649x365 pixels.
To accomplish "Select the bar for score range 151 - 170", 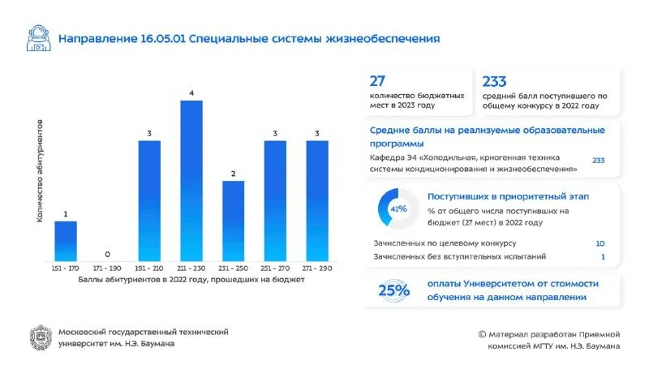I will [66, 241].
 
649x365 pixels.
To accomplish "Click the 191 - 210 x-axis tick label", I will [149, 268].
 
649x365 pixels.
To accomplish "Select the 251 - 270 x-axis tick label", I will [275, 268].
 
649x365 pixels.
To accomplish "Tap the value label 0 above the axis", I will [108, 254].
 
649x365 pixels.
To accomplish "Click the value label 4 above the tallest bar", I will [191, 93].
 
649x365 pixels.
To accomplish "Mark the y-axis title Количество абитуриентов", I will [39, 180].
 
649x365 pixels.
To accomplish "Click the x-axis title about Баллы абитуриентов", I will [191, 280].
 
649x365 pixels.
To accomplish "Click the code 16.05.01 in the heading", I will [162, 38].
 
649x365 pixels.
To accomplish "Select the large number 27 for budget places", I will [377, 81].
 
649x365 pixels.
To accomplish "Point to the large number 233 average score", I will [494, 81].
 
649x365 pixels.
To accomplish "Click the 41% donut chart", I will [398, 209].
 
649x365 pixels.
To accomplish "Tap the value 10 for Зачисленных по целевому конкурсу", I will [600, 243].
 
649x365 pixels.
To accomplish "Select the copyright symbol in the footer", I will [482, 333].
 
